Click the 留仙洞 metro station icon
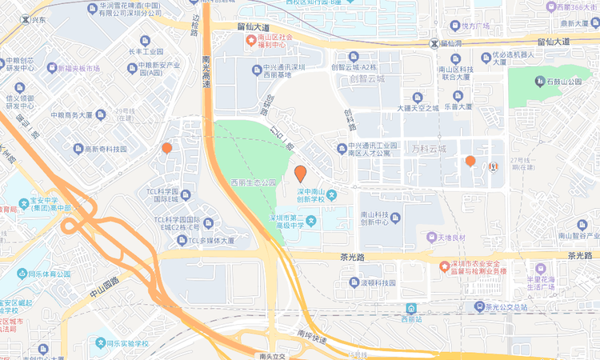434,43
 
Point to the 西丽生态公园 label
253,182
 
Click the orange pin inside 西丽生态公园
301,174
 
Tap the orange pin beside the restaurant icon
470,162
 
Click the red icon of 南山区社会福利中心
250,41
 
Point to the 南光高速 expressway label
206,72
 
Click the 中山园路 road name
104,286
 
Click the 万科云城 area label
429,149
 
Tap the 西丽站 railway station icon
410,308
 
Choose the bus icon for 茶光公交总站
478,306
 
